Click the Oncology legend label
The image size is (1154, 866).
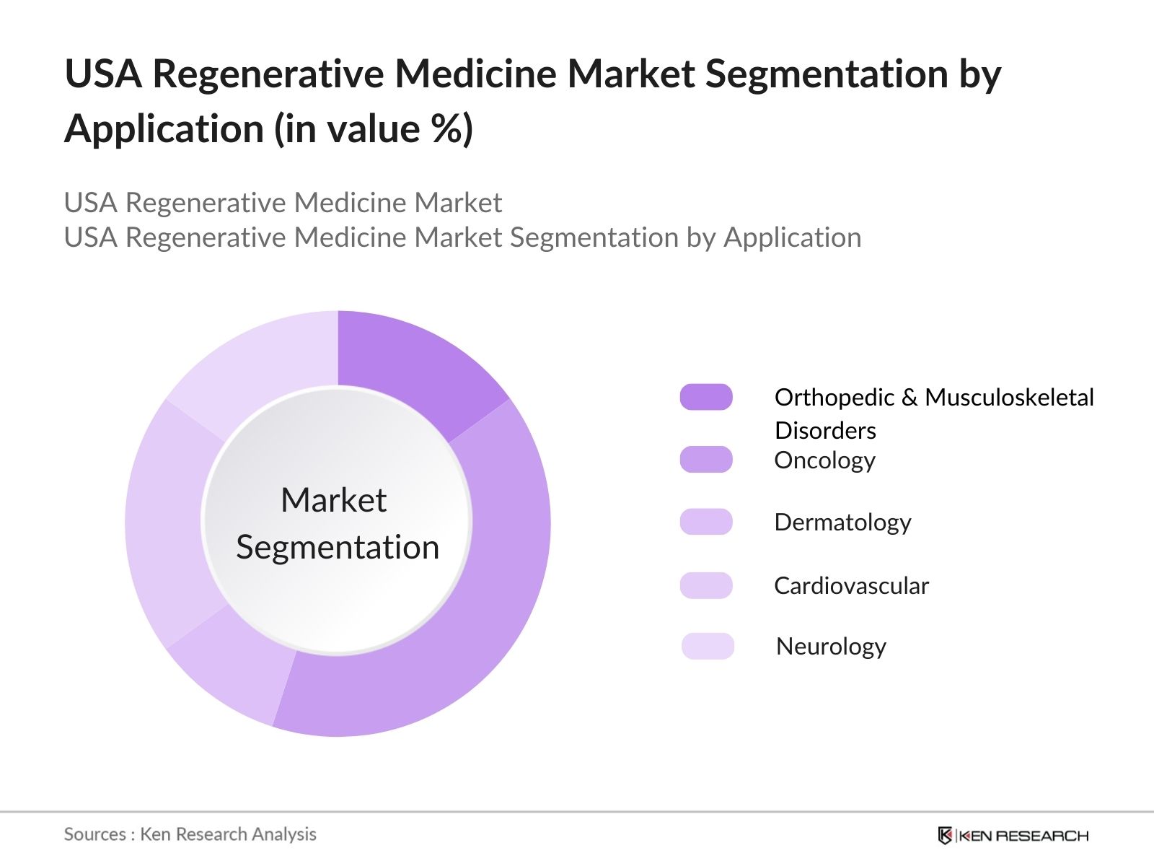coord(824,460)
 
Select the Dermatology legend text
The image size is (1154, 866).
coord(842,522)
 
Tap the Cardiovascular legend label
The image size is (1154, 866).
coord(851,585)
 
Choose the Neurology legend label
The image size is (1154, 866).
coord(831,647)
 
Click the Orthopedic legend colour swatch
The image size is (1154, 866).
coord(706,397)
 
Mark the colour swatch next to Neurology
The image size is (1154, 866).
coord(708,646)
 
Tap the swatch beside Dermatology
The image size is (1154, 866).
coord(706,522)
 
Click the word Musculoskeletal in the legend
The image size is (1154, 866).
coord(1009,397)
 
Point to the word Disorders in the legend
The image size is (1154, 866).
coord(825,431)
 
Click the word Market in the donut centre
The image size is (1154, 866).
coord(333,500)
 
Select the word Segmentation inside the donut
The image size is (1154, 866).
coord(338,547)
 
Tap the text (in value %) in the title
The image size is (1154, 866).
coord(374,129)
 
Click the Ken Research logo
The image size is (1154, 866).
coord(1013,836)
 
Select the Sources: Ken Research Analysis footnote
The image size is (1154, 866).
coord(190,834)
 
